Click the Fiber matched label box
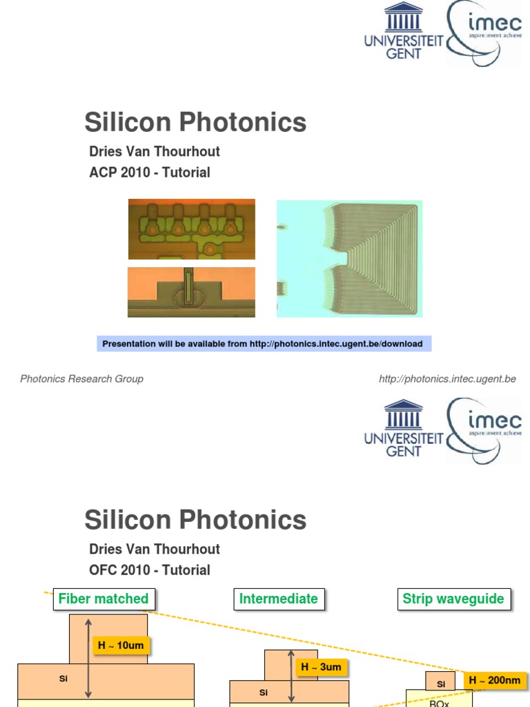point(104,599)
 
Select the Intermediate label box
point(279,599)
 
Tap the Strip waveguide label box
point(453,599)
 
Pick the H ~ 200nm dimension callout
point(494,681)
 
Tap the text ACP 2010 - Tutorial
point(150,173)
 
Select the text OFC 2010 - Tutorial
point(150,570)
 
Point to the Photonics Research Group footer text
point(81,378)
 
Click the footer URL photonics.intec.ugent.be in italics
point(447,378)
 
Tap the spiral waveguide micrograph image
point(349,258)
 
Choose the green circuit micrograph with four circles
point(191,229)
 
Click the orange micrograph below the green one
point(191,292)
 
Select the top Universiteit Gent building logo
point(404,19)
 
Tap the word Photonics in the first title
point(242,123)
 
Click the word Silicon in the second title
point(128,520)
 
